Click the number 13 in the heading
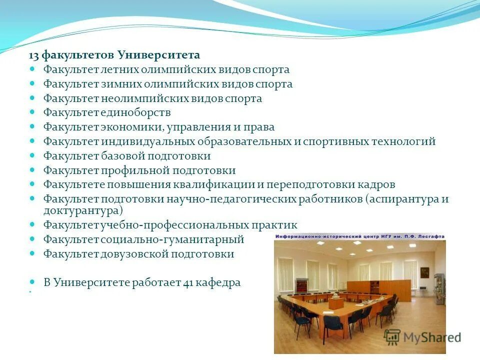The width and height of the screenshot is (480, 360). pyautogui.click(x=33, y=54)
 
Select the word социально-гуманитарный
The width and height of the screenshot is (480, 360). pyautogui.click(x=172, y=239)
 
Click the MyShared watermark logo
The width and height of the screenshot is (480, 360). pyautogui.click(x=422, y=337)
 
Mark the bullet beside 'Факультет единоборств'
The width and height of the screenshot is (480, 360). pyautogui.click(x=33, y=112)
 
